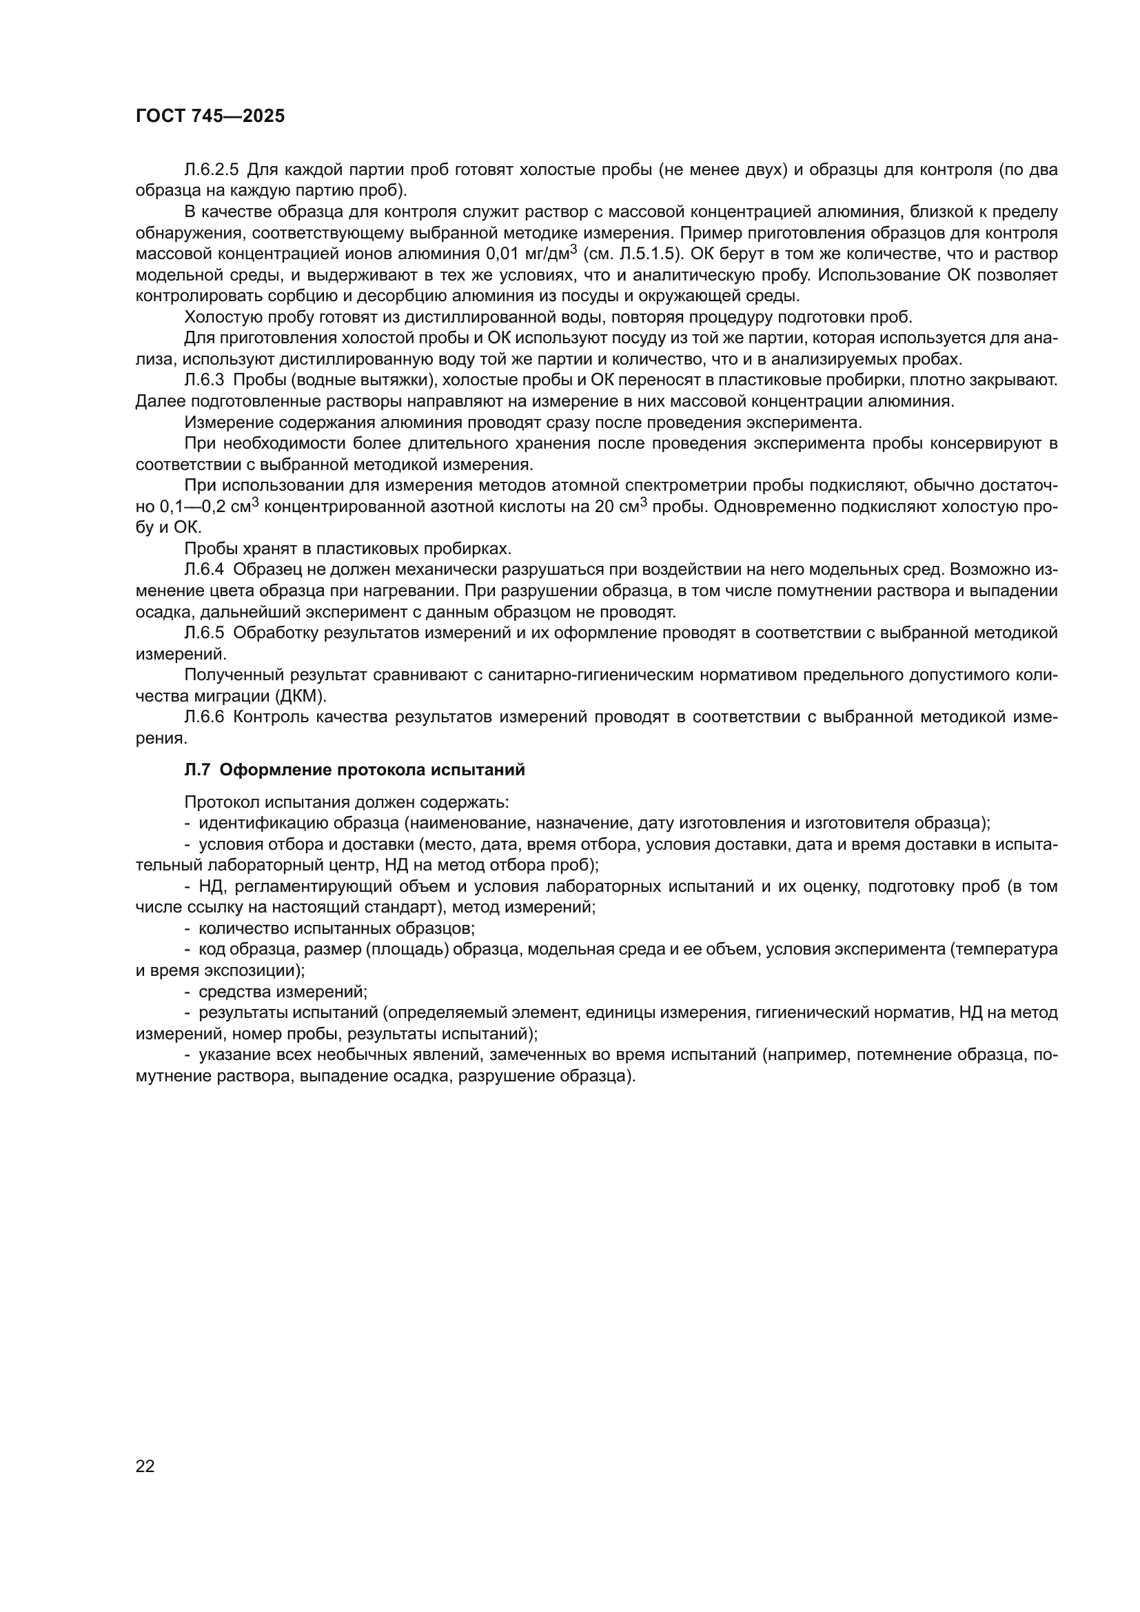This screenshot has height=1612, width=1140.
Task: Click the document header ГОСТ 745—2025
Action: (210, 116)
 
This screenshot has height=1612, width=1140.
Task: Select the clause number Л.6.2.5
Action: (212, 170)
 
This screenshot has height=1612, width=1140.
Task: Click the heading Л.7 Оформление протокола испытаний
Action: (354, 771)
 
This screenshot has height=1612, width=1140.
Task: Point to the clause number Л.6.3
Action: (203, 380)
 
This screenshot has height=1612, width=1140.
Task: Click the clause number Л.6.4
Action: (203, 570)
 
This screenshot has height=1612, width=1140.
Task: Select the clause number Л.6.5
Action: (203, 633)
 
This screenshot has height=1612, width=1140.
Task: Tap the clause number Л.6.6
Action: (203, 717)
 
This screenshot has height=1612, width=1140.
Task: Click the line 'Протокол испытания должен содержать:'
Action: (347, 802)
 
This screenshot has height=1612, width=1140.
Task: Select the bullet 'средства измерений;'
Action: (282, 991)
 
